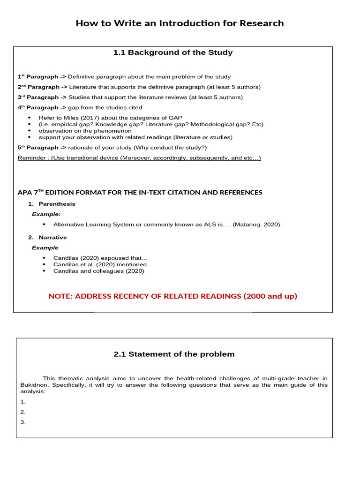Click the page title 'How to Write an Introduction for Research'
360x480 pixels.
180,23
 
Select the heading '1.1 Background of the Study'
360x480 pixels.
173,52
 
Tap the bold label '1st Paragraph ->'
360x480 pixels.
42,76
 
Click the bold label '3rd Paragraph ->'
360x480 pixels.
42,97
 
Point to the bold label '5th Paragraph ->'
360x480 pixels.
42,148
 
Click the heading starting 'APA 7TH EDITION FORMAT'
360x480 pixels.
140,193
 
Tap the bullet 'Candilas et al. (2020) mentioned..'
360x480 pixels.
102,264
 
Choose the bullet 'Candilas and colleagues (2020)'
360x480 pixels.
98,271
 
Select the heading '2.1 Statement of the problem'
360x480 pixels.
174,354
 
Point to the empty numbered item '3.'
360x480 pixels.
22,422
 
